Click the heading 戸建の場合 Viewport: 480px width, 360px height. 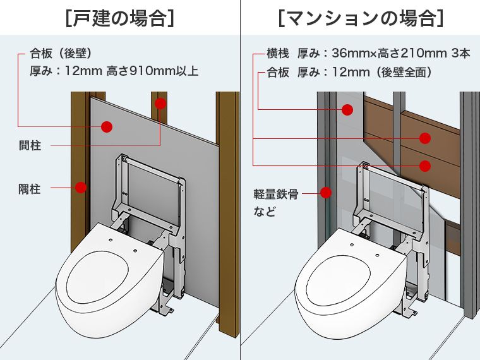tap(120, 18)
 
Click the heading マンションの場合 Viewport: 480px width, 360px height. tap(361, 18)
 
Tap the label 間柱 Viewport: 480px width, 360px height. tap(30, 145)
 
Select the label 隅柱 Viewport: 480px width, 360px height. tap(30, 189)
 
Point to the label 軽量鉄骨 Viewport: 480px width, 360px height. tap(276, 194)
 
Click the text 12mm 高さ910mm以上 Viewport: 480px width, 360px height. tap(131, 71)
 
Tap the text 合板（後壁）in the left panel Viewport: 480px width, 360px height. tap(61, 54)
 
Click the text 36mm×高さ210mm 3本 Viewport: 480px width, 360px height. tap(401, 53)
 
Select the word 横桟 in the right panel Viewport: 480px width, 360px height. tap(278, 53)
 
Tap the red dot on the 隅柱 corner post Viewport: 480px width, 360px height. tap(81, 188)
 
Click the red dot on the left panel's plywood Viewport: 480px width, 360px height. tap(107, 126)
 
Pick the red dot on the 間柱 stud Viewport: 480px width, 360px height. tap(160, 104)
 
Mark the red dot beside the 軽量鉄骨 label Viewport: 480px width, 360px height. tap(326, 193)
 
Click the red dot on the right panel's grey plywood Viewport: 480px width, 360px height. tap(347, 110)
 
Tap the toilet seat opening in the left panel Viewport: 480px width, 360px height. tap(97, 277)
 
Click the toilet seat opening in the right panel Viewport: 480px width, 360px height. tap(337, 282)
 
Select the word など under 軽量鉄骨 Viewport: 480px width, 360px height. tap(265, 212)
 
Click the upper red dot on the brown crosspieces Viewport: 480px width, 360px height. tap(425, 138)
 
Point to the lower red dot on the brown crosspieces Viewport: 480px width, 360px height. tap(425, 166)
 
